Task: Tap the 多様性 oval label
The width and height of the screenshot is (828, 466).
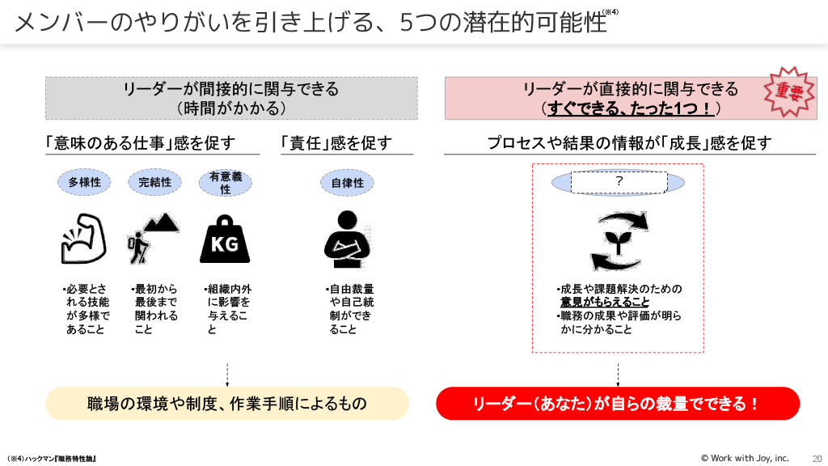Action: (x=84, y=182)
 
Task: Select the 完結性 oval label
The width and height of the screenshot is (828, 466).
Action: (x=154, y=182)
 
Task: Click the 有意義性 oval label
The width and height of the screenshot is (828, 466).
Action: (x=225, y=182)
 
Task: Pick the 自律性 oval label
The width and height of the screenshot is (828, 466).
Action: (x=348, y=182)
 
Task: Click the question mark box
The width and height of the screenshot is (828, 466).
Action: (x=619, y=182)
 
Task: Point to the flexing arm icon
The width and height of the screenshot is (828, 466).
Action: (x=84, y=239)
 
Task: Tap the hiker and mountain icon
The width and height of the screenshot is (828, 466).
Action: (x=153, y=239)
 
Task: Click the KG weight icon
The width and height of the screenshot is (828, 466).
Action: (x=225, y=239)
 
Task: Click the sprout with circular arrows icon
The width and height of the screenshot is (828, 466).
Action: (x=619, y=241)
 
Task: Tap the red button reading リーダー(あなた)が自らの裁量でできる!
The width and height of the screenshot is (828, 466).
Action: (x=618, y=404)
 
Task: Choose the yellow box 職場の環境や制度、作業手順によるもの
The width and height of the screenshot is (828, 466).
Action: (x=227, y=404)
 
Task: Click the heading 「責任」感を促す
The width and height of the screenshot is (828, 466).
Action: (x=336, y=143)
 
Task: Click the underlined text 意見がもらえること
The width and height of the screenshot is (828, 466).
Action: (x=605, y=302)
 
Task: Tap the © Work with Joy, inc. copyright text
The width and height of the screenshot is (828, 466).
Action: (x=744, y=458)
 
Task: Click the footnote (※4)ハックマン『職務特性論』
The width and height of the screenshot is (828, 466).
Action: (x=52, y=459)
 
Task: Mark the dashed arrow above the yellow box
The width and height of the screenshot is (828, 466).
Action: (x=227, y=374)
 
